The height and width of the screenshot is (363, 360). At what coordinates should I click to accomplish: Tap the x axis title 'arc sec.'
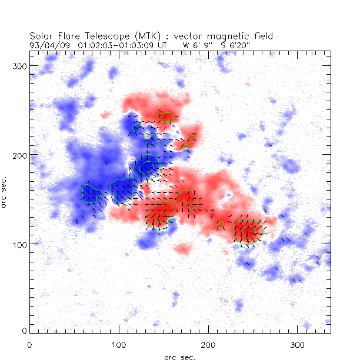click(x=179, y=357)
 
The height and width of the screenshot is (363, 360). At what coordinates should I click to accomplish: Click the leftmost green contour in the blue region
click(x=88, y=194)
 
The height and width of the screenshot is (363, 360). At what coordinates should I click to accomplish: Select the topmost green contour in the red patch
click(x=165, y=117)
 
